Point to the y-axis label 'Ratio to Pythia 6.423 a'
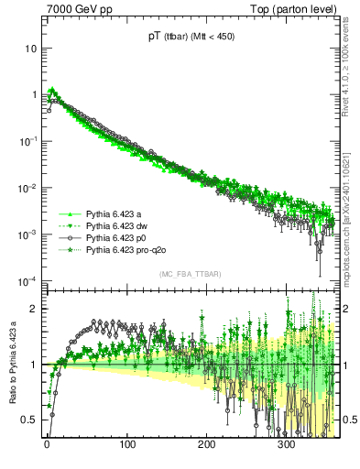(12, 363)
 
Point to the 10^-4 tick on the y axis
(27, 280)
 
